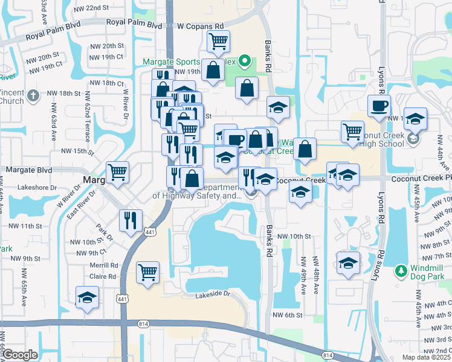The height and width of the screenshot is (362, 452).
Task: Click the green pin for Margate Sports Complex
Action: [245, 61]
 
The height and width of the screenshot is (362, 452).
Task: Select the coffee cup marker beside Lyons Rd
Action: [379, 106]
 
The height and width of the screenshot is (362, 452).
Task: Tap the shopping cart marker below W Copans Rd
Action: [218, 42]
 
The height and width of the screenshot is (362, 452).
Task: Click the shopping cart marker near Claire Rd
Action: [147, 273]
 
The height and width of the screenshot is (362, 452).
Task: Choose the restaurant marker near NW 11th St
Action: [131, 221]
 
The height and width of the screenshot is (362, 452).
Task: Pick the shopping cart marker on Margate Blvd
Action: [118, 173]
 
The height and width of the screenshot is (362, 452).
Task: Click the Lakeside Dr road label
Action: [213, 294]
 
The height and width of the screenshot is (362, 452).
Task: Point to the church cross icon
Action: [34, 95]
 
